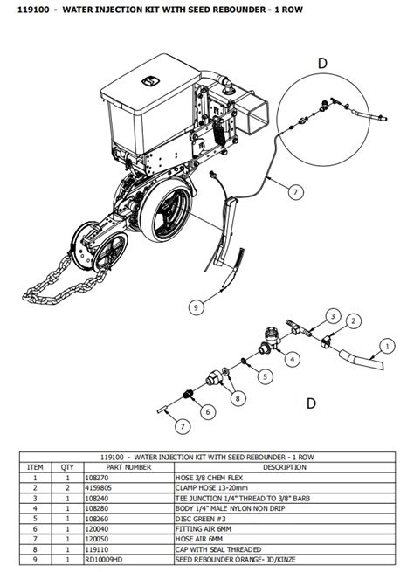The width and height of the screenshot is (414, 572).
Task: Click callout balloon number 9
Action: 197,307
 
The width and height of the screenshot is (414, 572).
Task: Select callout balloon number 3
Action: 333,316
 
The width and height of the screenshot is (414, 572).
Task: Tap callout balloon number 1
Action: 388,346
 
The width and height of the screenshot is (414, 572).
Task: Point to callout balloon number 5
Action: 266,376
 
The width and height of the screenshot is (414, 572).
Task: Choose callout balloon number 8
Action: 238,398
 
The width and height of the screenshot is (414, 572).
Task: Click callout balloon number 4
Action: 293,359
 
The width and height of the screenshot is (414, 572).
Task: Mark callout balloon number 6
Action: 208,412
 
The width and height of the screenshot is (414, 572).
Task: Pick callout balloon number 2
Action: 353,321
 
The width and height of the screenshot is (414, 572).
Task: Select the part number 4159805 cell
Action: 98,488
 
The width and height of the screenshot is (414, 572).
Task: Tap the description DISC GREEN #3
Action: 201,519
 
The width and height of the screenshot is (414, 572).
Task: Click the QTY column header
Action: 67,467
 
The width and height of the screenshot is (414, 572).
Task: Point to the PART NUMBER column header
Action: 128,467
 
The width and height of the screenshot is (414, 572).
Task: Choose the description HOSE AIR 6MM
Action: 199,539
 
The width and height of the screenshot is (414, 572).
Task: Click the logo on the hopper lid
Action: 149,81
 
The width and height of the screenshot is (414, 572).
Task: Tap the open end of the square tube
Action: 257,115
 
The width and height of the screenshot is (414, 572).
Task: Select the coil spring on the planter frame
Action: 218,131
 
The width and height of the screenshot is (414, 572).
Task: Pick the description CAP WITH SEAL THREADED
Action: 218,549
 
